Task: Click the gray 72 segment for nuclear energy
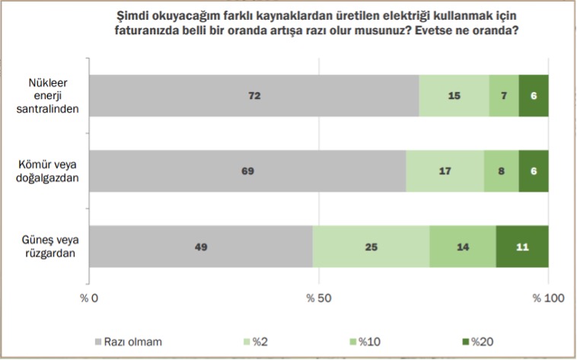click(254, 96)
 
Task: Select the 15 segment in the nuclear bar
click(454, 96)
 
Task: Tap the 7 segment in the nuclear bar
click(504, 96)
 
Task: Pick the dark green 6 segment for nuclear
click(534, 96)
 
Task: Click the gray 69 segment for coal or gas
click(247, 170)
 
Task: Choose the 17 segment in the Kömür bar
click(445, 170)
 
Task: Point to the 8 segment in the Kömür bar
click(501, 170)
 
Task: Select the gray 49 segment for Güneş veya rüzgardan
click(201, 247)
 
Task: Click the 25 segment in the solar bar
click(371, 247)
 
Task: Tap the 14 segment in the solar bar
click(463, 247)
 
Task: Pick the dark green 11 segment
click(522, 247)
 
